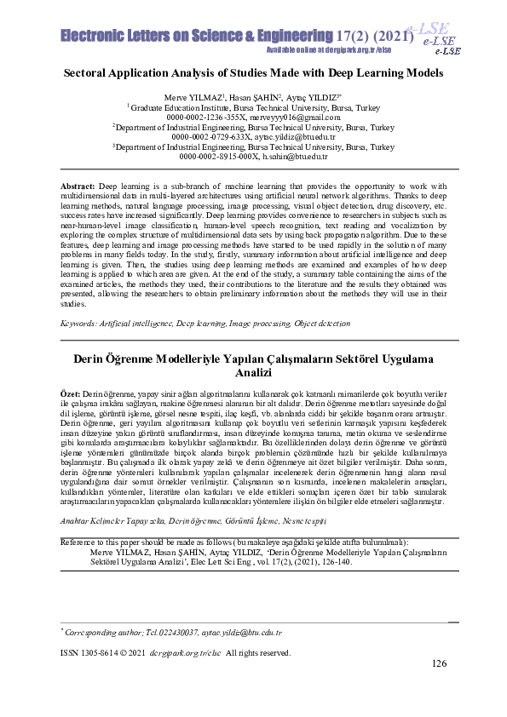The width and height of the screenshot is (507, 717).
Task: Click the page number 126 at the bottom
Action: tap(439, 664)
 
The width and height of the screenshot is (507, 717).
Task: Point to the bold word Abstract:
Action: tap(79, 185)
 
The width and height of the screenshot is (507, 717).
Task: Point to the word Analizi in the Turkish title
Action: tap(255, 373)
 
